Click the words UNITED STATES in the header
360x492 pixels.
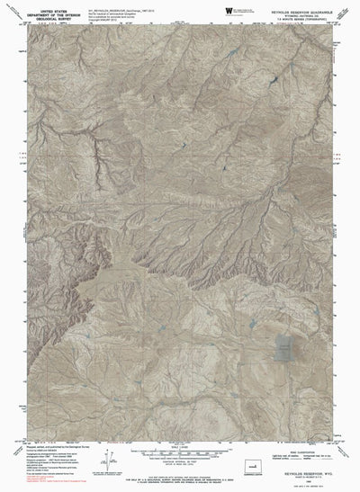click(41, 4)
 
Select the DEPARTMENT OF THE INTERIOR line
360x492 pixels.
click(41, 10)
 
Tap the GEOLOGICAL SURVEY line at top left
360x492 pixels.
click(41, 14)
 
